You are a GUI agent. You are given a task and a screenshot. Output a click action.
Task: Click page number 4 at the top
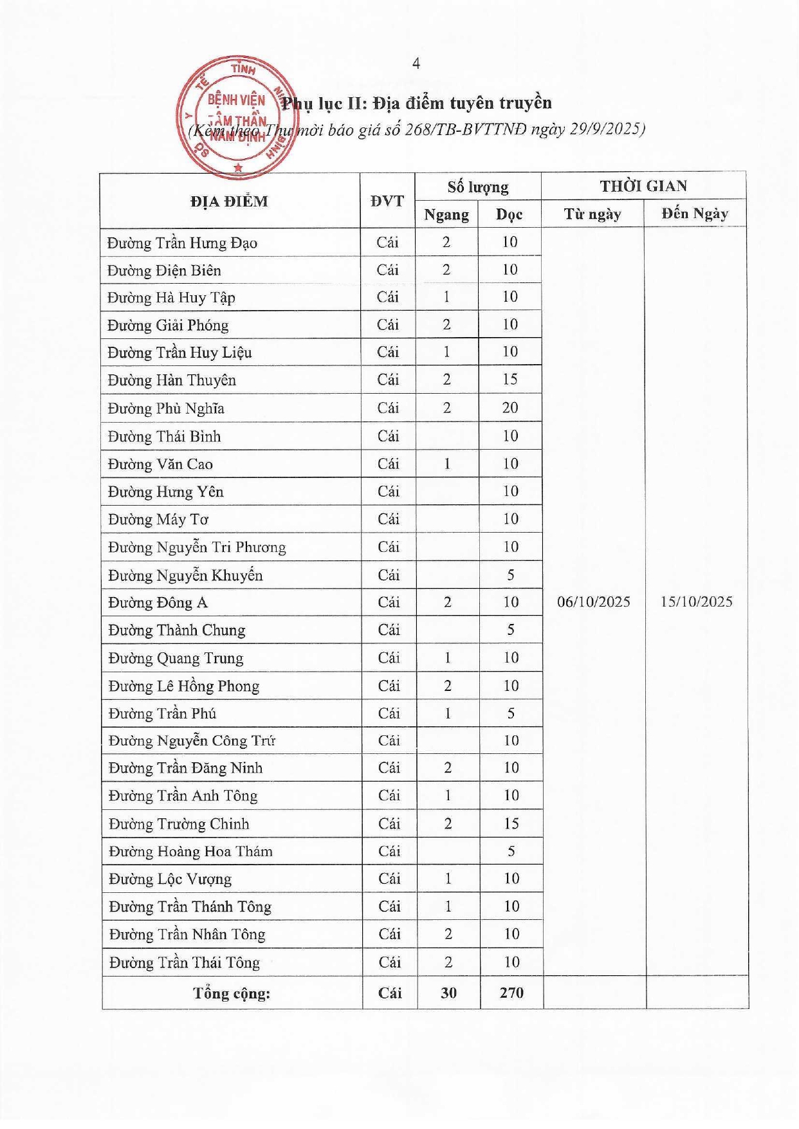416,63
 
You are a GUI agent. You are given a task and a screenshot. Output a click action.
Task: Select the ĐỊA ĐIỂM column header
229,201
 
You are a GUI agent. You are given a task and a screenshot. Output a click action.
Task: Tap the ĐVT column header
387,201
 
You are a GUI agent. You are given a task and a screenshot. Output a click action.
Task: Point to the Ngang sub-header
446,215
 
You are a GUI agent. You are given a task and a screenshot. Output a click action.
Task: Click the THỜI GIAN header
643,187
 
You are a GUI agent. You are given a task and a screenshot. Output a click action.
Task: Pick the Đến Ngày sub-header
695,214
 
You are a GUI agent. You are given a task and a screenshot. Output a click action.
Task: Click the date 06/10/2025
593,602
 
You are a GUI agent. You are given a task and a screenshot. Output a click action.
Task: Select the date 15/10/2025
696,602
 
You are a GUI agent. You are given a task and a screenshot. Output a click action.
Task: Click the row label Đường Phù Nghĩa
166,408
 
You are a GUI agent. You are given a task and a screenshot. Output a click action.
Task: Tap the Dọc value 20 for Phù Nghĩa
510,408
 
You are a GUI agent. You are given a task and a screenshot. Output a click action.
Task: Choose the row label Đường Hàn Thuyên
172,381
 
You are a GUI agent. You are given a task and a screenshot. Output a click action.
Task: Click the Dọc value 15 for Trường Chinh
511,824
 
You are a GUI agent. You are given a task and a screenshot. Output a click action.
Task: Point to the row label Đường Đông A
158,603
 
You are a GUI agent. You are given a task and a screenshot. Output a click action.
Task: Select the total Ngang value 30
448,993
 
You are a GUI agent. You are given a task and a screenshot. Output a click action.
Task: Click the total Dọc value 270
511,993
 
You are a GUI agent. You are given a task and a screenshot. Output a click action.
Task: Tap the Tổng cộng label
232,994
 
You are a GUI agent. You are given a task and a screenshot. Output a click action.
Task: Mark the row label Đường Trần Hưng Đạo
182,243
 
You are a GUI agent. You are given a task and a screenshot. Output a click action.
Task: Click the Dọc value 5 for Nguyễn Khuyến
511,575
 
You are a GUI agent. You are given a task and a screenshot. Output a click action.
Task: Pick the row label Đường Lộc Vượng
170,879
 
